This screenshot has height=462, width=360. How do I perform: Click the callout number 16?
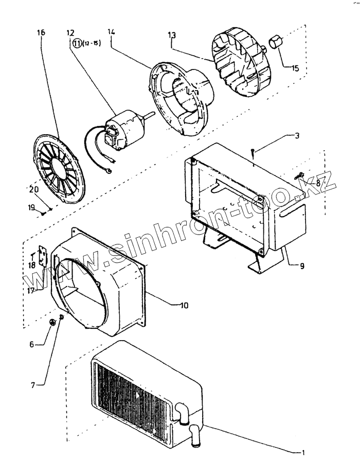(42, 32)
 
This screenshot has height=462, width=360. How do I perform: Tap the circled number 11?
(77, 43)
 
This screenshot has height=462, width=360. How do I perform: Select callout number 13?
(172, 35)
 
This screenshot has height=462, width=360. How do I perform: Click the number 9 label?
(302, 265)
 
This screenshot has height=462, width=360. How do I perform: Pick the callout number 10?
(184, 305)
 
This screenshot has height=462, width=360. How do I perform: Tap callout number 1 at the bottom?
(303, 453)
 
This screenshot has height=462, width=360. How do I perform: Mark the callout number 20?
(33, 189)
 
